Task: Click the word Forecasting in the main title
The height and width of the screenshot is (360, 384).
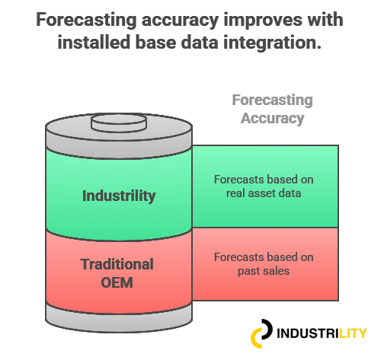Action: [x=86, y=21]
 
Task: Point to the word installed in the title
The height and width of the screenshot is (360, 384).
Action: [x=94, y=42]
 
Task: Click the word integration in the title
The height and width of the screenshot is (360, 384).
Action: [x=272, y=43]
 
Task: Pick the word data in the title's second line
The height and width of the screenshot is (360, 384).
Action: [x=200, y=42]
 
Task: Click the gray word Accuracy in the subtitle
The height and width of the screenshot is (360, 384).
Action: [x=272, y=119]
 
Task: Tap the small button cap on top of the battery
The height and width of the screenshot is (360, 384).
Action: [x=119, y=123]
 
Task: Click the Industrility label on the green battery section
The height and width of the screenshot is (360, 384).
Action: [x=119, y=196]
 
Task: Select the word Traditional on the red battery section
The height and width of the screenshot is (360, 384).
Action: [x=117, y=264]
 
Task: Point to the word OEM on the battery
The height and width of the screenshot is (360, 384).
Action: [x=117, y=282]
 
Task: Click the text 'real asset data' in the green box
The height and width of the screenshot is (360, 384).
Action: [x=264, y=193]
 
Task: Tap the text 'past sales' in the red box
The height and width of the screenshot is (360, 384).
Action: [x=264, y=271]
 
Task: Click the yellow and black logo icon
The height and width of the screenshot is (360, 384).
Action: [x=261, y=333]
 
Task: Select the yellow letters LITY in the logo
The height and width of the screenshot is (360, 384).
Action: [x=353, y=333]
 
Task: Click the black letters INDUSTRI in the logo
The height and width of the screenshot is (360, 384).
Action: [x=308, y=333]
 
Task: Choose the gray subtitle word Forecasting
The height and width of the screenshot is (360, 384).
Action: [x=272, y=100]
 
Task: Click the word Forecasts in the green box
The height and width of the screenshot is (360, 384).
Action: [x=239, y=180]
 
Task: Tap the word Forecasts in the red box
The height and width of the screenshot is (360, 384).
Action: [x=239, y=257]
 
